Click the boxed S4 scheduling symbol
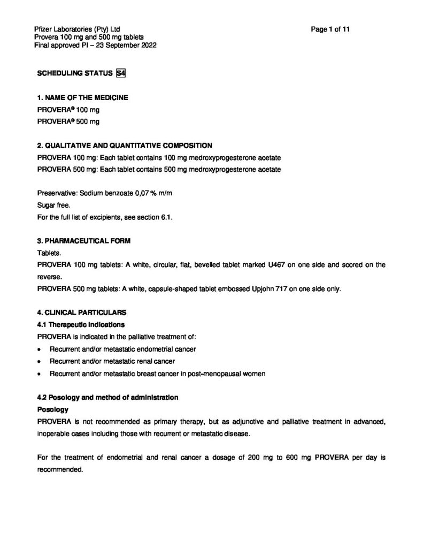[x=121, y=74]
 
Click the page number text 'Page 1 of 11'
[x=330, y=29]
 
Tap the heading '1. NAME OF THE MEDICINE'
[x=82, y=98]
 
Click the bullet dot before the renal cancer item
[x=40, y=361]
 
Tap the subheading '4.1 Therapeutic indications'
[x=81, y=325]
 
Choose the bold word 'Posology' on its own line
[x=52, y=409]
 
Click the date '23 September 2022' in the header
[x=125, y=45]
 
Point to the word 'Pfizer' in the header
[x=43, y=29]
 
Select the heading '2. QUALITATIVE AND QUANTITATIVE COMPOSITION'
[x=124, y=146]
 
